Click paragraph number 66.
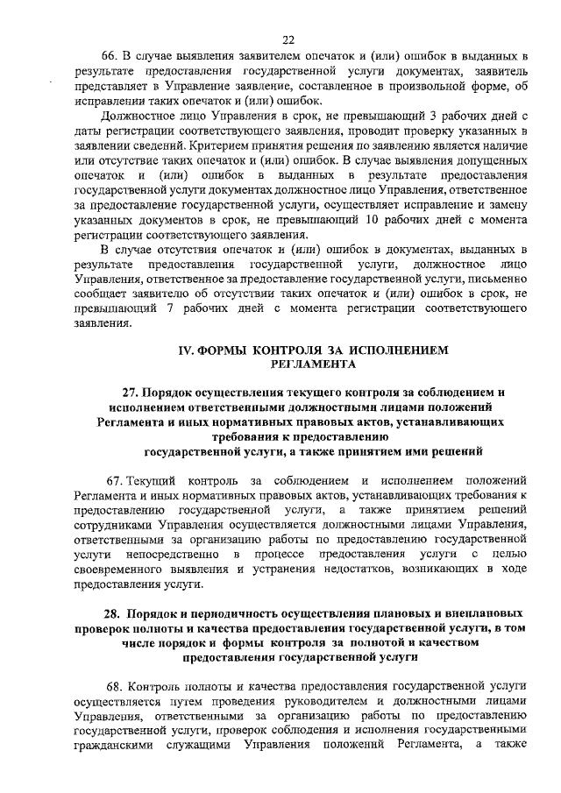[111, 55]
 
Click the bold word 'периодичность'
[224, 613]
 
